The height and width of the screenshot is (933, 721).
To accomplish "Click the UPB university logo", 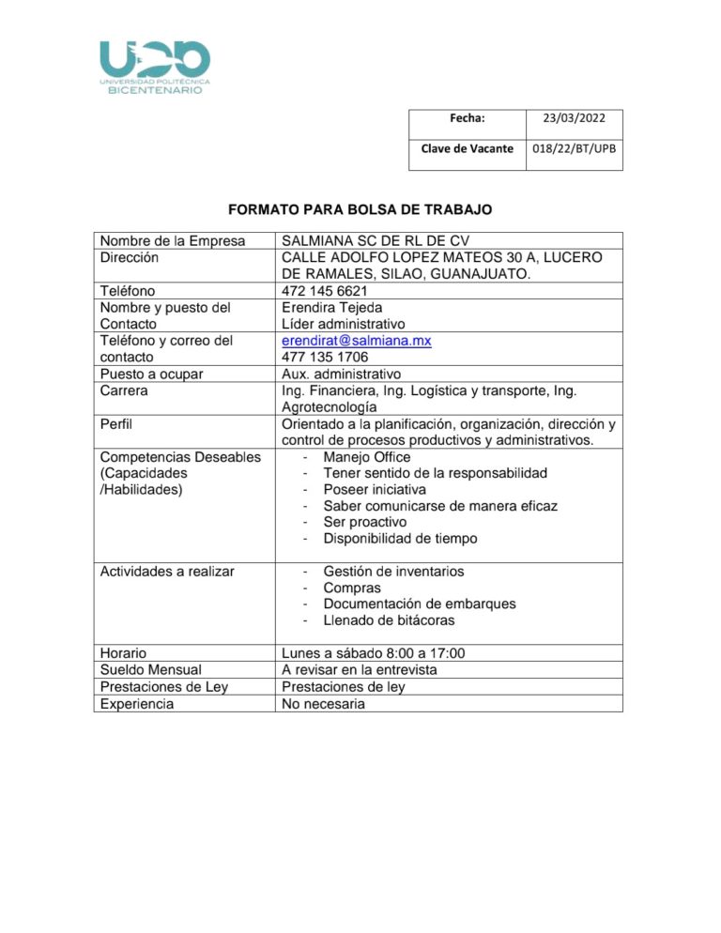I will [x=155, y=68].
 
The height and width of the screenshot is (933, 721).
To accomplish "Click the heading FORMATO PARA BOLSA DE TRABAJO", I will [x=361, y=207].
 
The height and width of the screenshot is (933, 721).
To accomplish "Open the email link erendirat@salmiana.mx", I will [x=356, y=341].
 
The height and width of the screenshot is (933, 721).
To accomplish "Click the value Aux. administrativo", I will [x=341, y=375].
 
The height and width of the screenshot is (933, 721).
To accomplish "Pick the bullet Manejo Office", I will [x=366, y=457].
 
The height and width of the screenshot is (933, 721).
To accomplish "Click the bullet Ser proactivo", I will [x=364, y=522].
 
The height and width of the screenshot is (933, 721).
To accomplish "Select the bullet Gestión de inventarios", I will [x=392, y=571].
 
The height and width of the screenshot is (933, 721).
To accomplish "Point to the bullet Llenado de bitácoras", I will [x=390, y=620].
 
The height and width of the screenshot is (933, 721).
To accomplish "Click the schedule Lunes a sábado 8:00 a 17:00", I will [x=374, y=653].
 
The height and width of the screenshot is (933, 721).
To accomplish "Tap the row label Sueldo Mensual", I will [x=150, y=670].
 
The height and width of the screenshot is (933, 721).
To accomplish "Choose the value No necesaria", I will [x=323, y=703].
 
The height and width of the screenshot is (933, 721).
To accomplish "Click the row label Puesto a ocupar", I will [x=151, y=375].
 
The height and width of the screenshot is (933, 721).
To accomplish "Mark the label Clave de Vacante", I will [x=467, y=148].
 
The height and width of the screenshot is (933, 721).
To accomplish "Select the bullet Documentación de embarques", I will [x=419, y=604].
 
